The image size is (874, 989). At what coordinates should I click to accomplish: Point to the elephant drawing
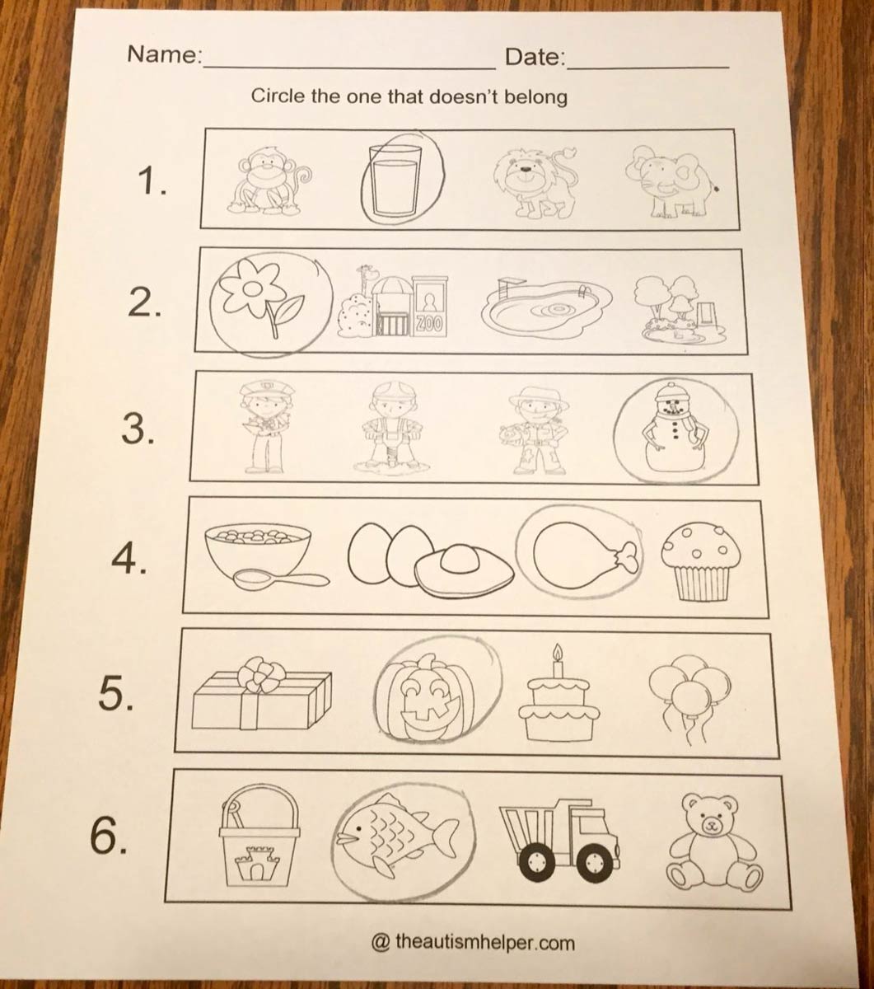tap(674, 183)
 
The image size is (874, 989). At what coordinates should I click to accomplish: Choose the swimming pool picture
tap(546, 310)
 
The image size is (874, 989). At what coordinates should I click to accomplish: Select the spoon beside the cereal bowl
tap(282, 579)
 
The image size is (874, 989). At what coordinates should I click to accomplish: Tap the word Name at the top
tap(165, 54)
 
